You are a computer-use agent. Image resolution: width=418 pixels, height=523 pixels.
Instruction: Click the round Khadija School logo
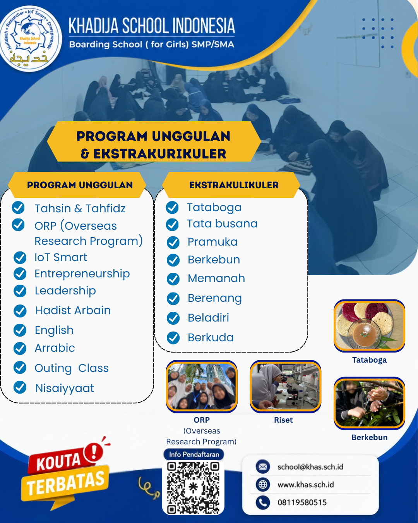click(x=30, y=38)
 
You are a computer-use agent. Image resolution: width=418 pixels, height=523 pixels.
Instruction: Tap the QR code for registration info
click(x=193, y=488)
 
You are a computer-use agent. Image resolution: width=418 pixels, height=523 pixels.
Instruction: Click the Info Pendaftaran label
click(x=194, y=454)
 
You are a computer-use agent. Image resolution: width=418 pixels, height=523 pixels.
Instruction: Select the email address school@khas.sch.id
click(x=310, y=467)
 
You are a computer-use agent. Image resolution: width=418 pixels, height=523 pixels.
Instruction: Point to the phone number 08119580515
click(x=302, y=502)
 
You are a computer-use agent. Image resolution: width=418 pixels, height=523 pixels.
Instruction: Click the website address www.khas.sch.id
click(x=305, y=485)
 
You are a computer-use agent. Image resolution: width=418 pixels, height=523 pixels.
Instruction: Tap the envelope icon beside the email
click(x=262, y=466)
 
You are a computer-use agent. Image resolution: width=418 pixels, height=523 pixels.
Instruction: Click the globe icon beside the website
click(x=262, y=484)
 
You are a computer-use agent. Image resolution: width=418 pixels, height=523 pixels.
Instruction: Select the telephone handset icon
click(x=262, y=502)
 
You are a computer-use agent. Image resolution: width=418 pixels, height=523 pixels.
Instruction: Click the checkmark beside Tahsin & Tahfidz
click(x=18, y=208)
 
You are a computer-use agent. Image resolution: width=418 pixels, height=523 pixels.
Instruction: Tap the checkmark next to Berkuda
click(x=173, y=337)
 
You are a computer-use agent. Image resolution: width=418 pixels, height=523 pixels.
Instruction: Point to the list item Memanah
click(x=216, y=278)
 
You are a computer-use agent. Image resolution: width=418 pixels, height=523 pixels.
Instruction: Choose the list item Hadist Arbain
click(x=73, y=310)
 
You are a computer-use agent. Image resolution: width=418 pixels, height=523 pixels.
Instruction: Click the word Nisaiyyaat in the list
click(x=65, y=388)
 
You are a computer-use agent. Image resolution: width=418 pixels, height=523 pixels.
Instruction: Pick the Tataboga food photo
click(x=369, y=326)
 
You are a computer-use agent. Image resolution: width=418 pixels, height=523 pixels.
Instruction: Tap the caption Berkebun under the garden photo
click(x=369, y=437)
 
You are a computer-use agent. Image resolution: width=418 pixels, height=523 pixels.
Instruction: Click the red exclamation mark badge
click(x=94, y=452)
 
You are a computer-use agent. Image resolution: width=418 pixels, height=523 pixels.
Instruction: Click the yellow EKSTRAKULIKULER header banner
click(x=231, y=185)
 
